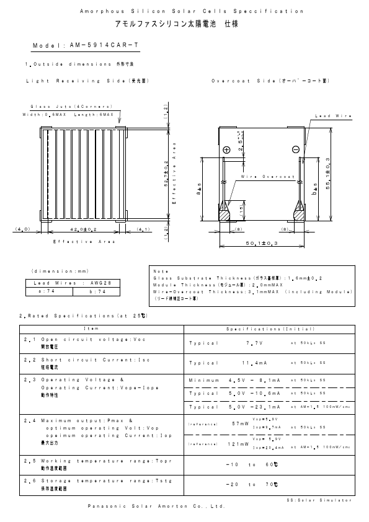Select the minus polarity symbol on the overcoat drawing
tap(295, 149)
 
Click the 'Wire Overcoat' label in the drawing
tap(267, 177)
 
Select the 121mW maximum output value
tap(238, 443)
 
